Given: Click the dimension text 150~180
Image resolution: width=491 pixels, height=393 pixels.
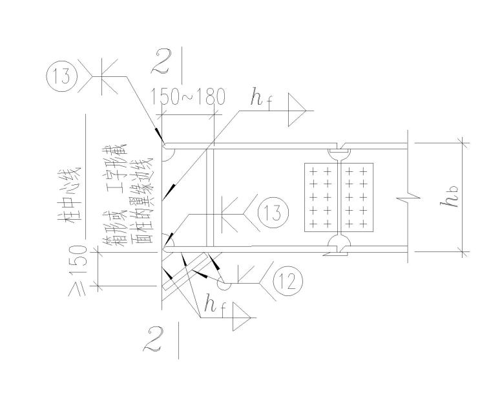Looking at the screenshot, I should pyautogui.click(x=189, y=97).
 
